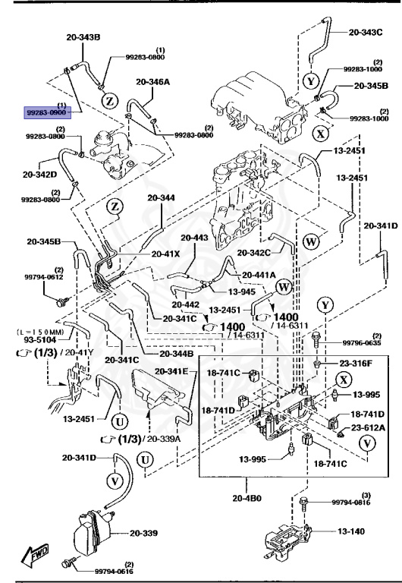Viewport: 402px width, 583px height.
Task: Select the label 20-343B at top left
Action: (83, 36)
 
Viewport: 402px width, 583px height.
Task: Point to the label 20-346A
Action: (153, 81)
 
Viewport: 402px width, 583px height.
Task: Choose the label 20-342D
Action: (38, 175)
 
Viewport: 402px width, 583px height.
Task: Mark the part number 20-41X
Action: (165, 254)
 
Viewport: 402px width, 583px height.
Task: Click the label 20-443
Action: (193, 238)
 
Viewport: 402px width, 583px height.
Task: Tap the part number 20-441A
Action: (259, 275)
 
